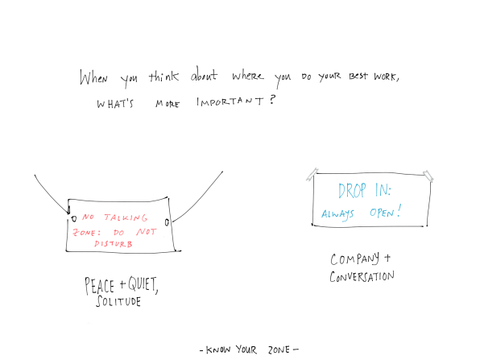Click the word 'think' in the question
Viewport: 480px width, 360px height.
(x=163, y=77)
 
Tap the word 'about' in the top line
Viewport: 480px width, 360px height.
(x=205, y=74)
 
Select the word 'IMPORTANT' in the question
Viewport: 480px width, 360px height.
(x=230, y=101)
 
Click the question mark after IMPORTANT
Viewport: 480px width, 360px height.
(x=273, y=100)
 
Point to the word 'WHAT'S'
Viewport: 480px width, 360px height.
(x=115, y=104)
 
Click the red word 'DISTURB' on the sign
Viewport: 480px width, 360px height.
(x=114, y=244)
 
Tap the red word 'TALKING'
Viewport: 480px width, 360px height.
(x=126, y=217)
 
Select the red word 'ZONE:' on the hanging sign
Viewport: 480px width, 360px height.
(x=87, y=232)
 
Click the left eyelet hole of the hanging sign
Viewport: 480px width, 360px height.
(x=74, y=219)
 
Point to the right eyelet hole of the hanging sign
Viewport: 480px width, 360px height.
(x=167, y=222)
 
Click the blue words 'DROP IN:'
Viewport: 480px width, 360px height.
(x=365, y=190)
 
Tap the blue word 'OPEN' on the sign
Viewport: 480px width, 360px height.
(x=382, y=213)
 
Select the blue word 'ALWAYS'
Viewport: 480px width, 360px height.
(x=337, y=214)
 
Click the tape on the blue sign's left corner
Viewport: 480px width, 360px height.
(x=312, y=175)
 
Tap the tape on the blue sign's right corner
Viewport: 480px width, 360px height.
(x=428, y=176)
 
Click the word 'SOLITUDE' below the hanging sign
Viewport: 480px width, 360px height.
(x=118, y=301)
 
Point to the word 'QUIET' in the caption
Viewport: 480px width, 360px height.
(x=142, y=284)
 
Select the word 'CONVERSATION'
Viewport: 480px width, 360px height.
(x=362, y=276)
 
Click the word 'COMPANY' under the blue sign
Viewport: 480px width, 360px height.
(x=355, y=259)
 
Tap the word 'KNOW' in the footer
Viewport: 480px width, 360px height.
(x=218, y=350)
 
